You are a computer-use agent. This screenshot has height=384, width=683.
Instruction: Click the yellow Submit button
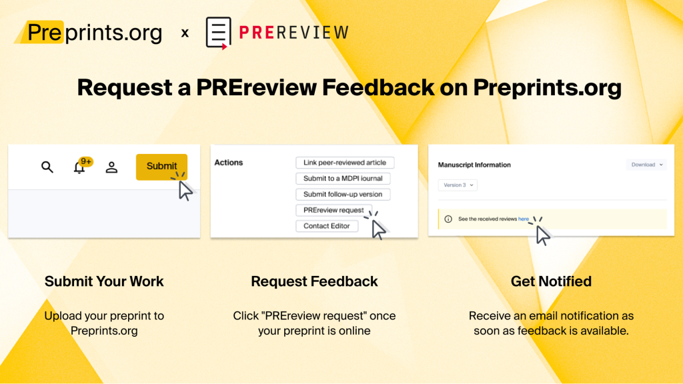161,166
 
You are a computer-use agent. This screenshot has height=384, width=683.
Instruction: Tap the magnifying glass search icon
47,167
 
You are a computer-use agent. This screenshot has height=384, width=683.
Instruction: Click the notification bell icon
79,167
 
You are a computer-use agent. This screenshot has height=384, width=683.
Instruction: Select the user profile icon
111,167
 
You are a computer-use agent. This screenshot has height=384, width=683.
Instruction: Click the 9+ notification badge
85,161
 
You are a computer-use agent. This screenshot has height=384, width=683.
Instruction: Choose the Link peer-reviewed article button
345,163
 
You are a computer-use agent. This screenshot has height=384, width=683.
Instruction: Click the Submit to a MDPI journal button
343,179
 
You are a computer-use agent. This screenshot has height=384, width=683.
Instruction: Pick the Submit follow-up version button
343,195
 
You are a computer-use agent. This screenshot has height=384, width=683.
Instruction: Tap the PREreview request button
333,210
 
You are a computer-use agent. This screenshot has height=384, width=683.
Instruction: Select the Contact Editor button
327,226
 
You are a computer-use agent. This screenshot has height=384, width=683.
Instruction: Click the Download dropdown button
646,165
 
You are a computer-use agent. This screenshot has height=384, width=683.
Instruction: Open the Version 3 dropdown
458,185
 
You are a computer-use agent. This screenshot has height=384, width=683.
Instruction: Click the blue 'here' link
524,219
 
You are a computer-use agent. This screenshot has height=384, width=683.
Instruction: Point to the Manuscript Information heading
474,165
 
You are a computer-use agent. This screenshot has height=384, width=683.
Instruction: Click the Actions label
229,163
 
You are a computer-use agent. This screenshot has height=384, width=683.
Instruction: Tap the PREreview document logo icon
218,32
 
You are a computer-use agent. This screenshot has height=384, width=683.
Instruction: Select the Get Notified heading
551,281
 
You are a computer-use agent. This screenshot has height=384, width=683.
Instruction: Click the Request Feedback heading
314,281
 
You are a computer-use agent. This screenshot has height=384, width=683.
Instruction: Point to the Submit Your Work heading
104,281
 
